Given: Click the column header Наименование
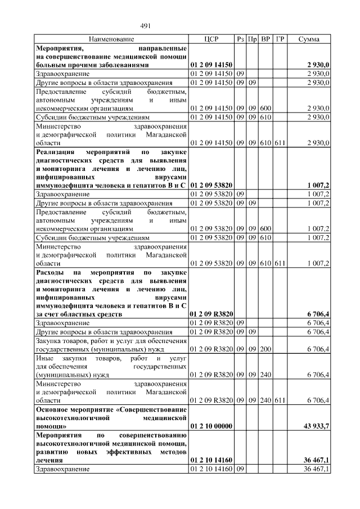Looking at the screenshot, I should coord(111,39).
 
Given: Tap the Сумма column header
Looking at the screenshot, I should coord(309,39).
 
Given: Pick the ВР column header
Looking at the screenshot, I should coord(265,39).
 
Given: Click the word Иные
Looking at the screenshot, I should coord(44,358).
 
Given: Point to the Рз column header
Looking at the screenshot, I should coord(240,39).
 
